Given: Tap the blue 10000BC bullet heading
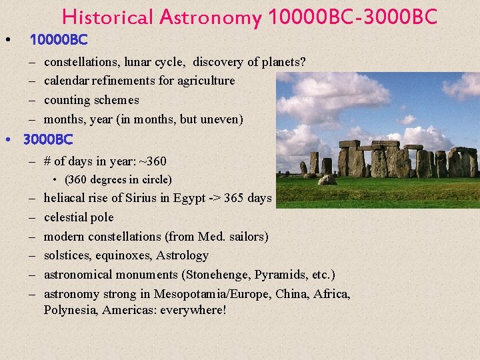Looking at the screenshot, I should [59, 40].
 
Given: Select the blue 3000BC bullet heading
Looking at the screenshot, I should [47, 141].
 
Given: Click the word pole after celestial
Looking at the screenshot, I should [102, 217].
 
